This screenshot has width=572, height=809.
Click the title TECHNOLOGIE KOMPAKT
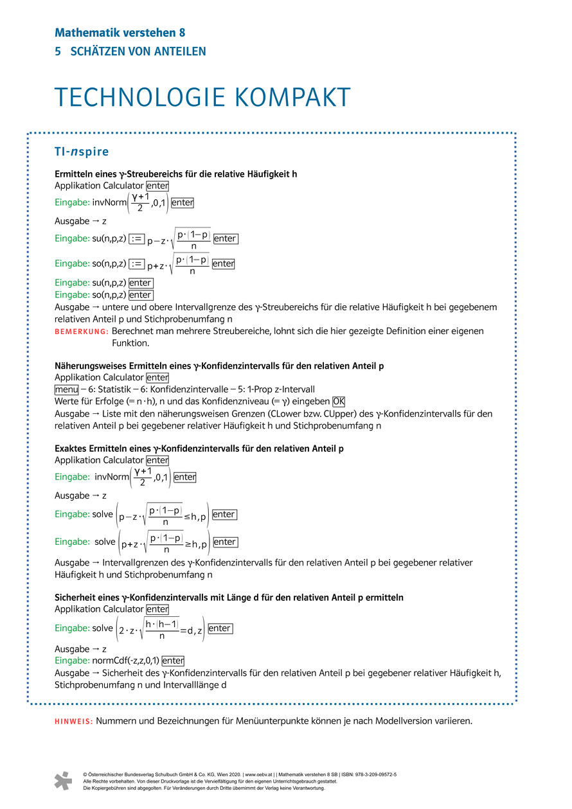click(202, 97)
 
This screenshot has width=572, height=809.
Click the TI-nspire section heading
click(82, 152)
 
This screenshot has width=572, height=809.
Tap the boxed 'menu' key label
click(66, 389)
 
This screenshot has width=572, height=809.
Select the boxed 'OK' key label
click(339, 402)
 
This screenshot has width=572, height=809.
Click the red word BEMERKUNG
click(82, 332)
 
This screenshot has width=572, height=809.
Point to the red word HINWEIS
click(74, 721)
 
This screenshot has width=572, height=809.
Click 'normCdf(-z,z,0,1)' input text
click(125, 661)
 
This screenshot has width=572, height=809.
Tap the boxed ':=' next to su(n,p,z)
click(136, 239)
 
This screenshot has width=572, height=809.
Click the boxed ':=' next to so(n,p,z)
click(136, 263)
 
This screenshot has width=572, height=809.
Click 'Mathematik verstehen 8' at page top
click(120, 33)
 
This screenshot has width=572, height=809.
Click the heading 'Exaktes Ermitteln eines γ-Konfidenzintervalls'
click(199, 449)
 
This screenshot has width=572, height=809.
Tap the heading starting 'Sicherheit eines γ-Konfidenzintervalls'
click(229, 597)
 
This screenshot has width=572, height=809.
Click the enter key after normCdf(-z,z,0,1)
click(173, 661)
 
